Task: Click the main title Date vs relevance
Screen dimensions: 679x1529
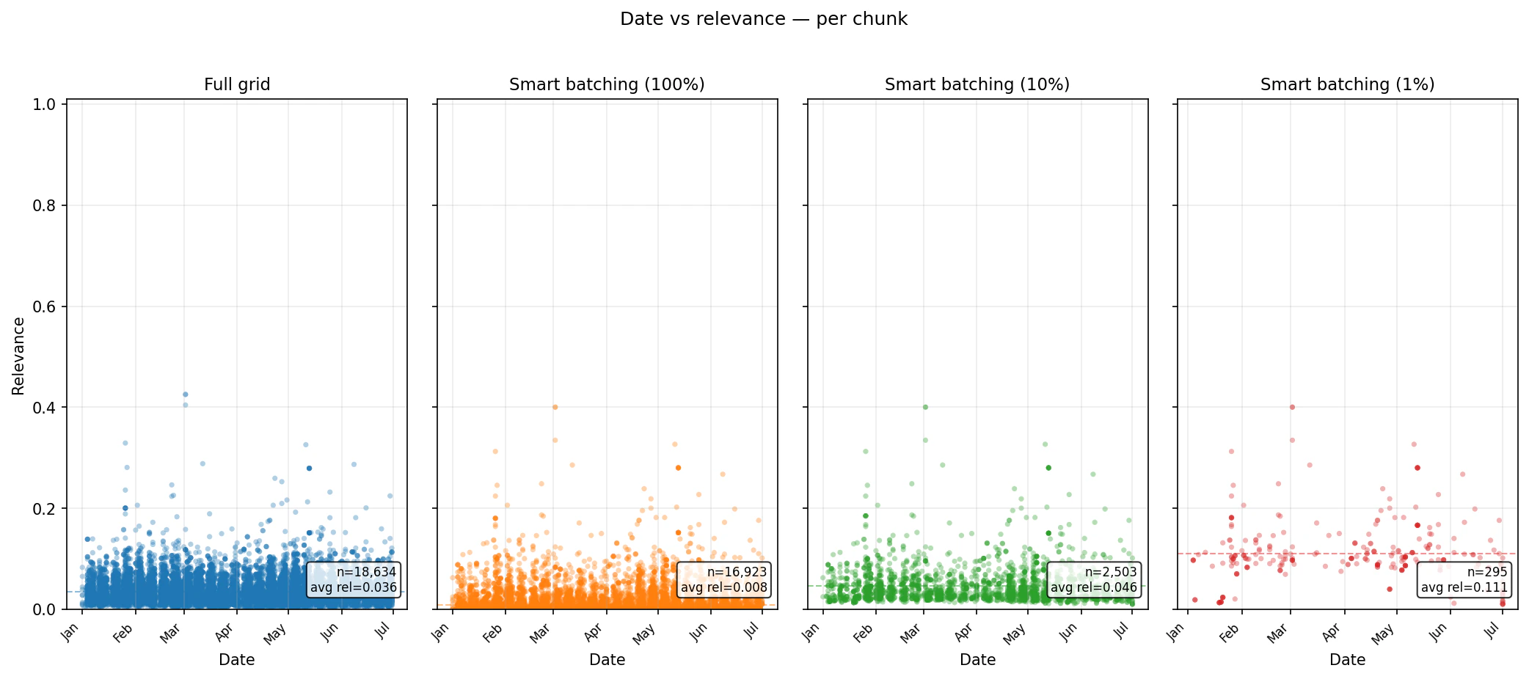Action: click(763, 19)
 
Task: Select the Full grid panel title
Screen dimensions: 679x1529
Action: click(237, 84)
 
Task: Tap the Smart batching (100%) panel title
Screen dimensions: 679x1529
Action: click(607, 84)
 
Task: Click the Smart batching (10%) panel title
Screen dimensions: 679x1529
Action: click(977, 84)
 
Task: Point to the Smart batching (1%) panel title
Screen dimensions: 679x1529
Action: click(1347, 84)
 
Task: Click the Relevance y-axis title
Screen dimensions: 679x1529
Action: click(18, 356)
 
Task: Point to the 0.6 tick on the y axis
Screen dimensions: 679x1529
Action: click(44, 307)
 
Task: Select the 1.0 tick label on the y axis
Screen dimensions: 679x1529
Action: click(44, 104)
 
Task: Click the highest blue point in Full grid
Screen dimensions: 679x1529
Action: click(185, 394)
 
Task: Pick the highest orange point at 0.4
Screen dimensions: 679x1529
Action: click(555, 407)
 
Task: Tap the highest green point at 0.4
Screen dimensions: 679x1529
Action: click(925, 407)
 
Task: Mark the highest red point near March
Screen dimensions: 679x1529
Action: click(1292, 407)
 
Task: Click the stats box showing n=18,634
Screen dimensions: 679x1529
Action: click(354, 580)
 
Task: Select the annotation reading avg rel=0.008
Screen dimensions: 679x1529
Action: click(723, 587)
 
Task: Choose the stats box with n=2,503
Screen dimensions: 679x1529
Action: click(1093, 580)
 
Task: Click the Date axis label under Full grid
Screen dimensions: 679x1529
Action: click(237, 659)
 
